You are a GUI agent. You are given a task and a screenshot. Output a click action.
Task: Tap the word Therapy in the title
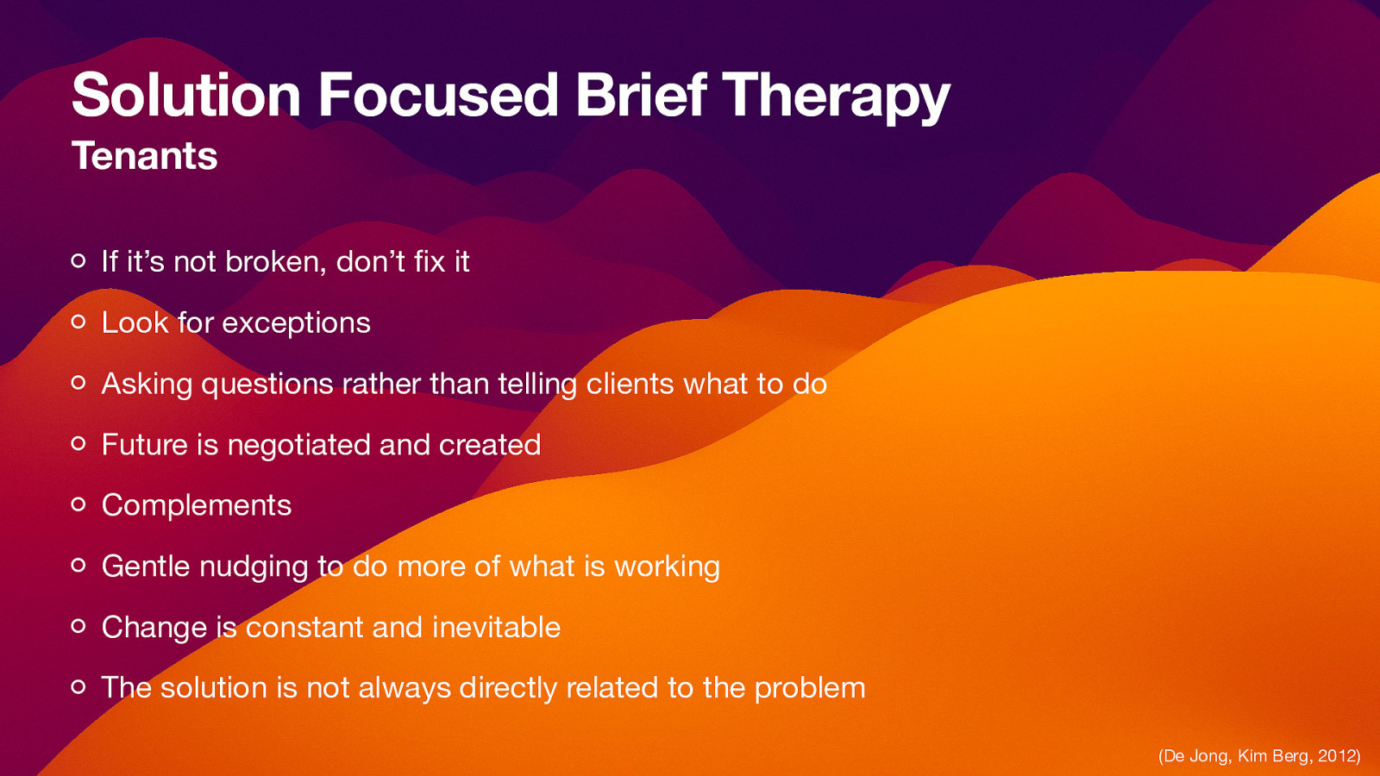click(835, 97)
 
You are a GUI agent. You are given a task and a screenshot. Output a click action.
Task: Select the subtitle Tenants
click(144, 156)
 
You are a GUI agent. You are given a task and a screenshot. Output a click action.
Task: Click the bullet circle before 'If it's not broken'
click(78, 260)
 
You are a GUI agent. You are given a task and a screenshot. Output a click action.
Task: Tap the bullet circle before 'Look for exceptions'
click(78, 322)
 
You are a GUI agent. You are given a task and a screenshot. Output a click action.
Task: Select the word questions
click(267, 385)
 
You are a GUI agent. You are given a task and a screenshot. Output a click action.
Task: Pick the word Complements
click(197, 506)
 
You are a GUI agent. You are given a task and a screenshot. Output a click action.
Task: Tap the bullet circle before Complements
click(78, 504)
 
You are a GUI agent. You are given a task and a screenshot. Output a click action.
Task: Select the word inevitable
click(496, 627)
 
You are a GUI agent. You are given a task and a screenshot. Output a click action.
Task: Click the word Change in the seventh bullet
click(154, 628)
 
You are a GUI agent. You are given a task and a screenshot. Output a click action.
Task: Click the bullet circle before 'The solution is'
click(78, 687)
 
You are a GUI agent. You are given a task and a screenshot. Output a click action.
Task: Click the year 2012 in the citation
click(1336, 756)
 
